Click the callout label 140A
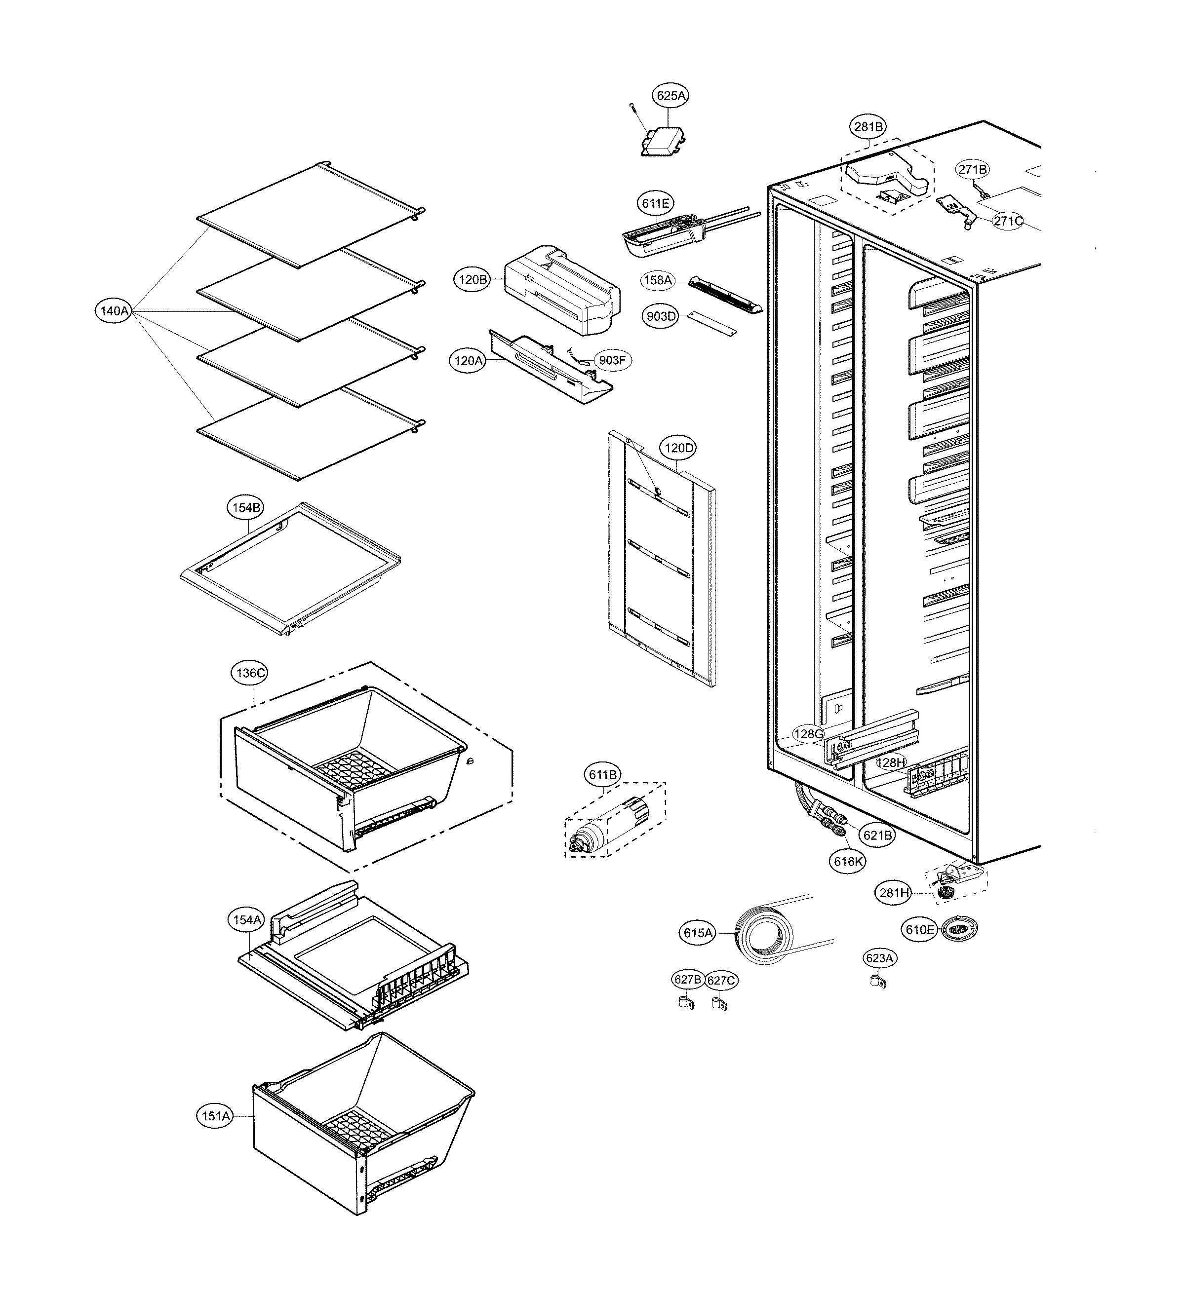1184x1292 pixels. pos(114,311)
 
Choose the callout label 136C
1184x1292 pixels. pos(249,673)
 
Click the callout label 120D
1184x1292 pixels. pos(678,448)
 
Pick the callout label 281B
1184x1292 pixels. pos(868,127)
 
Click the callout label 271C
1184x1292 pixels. pos(1008,222)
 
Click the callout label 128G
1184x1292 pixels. pos(808,734)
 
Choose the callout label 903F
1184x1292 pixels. pos(612,360)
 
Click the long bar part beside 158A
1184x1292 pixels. pos(724,294)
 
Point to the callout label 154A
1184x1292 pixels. pos(247,920)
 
